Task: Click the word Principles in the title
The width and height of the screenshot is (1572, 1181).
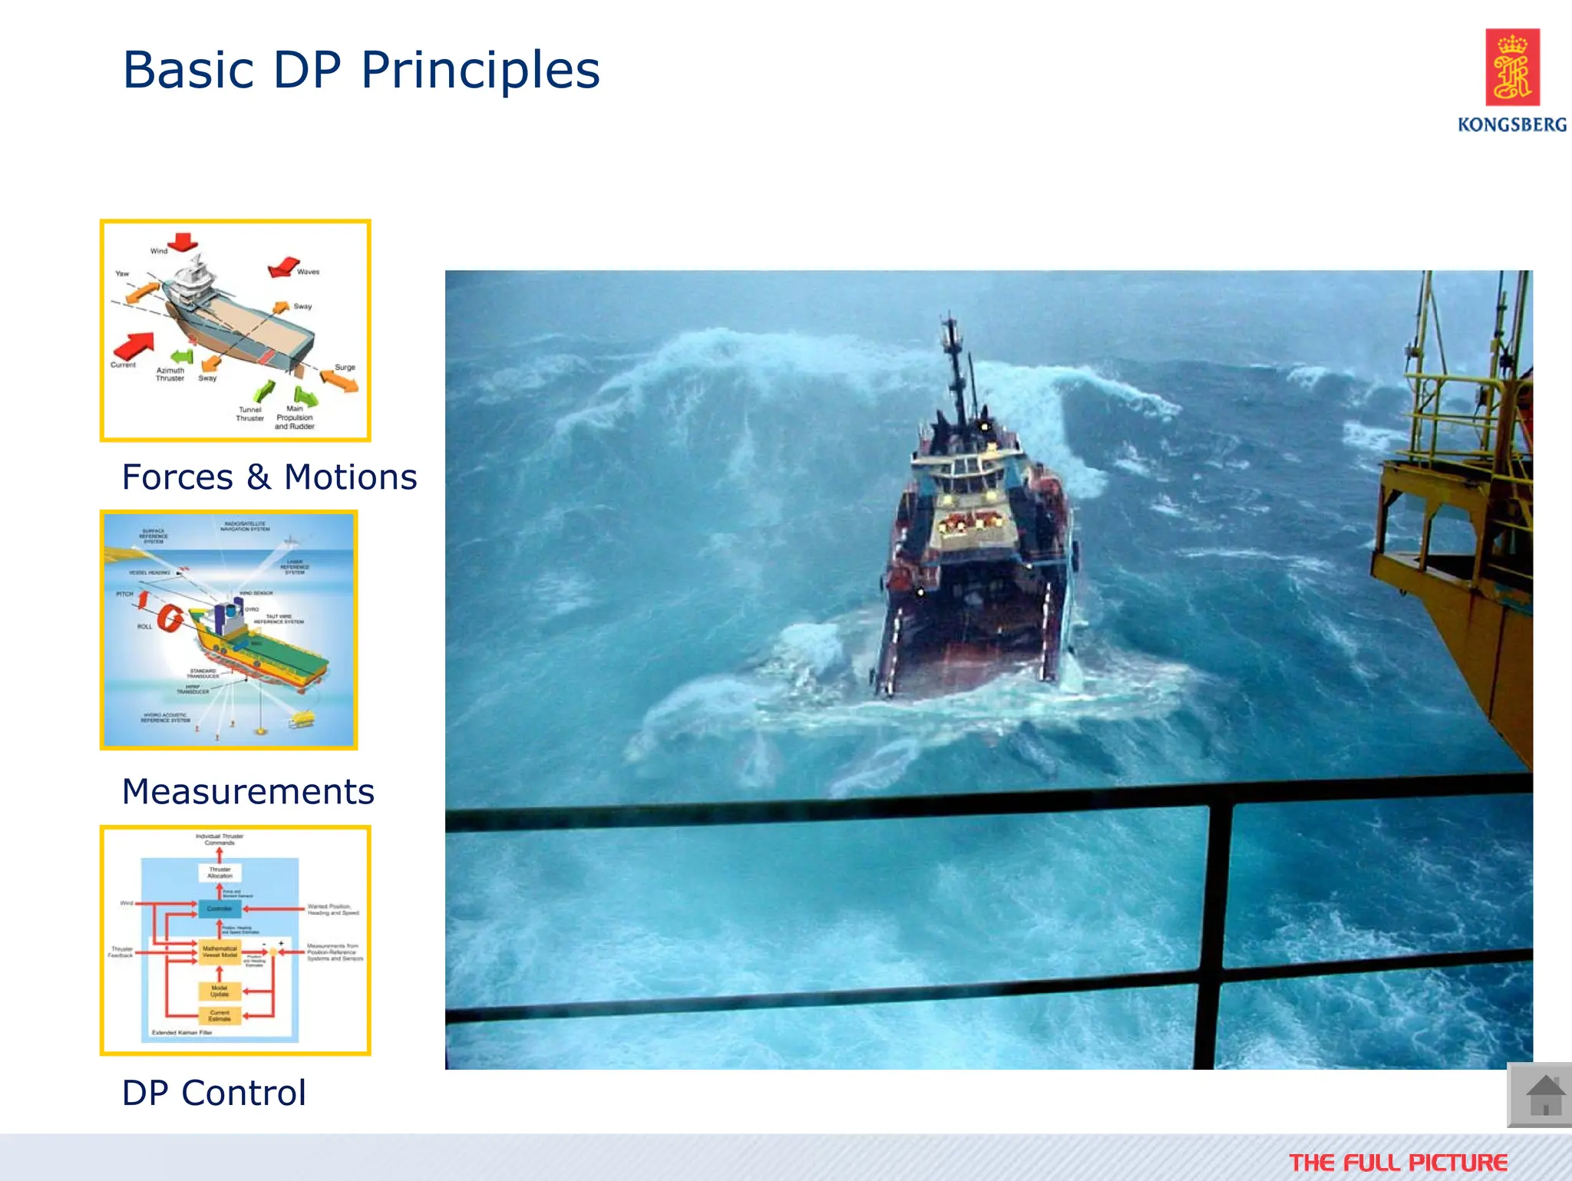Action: click(480, 71)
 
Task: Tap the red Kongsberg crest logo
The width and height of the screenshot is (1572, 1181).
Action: click(1511, 67)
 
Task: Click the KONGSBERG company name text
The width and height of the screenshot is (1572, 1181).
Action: click(1511, 124)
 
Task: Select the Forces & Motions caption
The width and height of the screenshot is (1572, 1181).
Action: click(269, 477)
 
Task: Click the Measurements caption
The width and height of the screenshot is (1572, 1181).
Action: click(248, 792)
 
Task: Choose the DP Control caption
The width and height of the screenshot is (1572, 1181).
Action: click(214, 1093)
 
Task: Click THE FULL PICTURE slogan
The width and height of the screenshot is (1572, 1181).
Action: click(1398, 1163)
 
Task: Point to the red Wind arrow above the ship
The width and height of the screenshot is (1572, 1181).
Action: click(183, 242)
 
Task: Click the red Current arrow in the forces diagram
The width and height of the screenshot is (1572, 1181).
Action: click(135, 345)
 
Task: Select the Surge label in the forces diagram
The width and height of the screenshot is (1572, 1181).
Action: click(345, 367)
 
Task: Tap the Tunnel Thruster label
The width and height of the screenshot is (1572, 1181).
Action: click(249, 414)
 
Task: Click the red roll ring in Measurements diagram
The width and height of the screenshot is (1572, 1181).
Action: click(170, 617)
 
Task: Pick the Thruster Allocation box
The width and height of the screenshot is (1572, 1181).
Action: click(220, 873)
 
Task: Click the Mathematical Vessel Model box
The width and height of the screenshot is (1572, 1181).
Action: click(220, 952)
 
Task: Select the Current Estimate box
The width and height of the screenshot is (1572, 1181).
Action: click(220, 1016)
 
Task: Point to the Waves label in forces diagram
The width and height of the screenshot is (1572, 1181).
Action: click(308, 272)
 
